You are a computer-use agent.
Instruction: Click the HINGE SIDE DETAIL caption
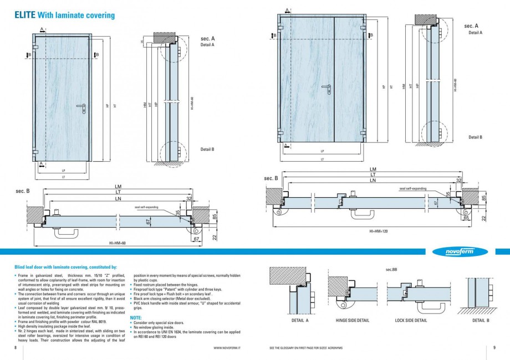(352, 320)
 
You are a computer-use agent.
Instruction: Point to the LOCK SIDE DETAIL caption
(411, 320)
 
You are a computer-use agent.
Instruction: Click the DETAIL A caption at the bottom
(299, 320)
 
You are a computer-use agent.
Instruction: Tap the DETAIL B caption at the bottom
(481, 320)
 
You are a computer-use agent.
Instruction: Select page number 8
(16, 348)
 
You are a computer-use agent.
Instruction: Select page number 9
(493, 348)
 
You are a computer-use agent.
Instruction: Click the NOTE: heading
(135, 318)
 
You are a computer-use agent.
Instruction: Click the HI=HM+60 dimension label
(118, 243)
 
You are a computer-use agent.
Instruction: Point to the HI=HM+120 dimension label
(379, 230)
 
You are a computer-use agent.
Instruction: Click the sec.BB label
(391, 269)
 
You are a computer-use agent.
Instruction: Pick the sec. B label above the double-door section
(271, 178)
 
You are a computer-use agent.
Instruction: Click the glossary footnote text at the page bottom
(305, 348)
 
